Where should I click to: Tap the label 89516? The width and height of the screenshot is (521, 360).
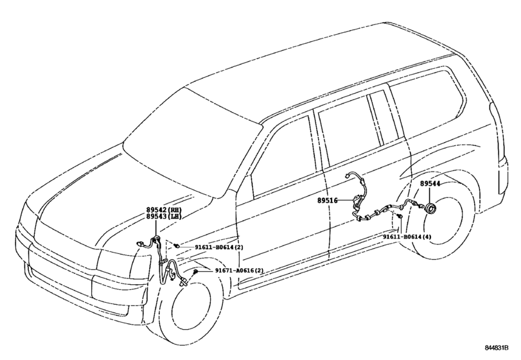click(327, 201)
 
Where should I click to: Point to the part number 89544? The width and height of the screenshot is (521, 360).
click(430, 183)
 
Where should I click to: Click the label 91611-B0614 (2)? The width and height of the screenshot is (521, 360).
click(219, 247)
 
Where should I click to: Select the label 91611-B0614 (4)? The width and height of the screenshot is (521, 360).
click(407, 237)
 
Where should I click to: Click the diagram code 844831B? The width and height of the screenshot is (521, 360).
click(497, 348)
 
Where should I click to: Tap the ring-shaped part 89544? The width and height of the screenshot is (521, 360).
click(430, 209)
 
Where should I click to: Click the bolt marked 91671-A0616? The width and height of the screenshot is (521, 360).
click(196, 272)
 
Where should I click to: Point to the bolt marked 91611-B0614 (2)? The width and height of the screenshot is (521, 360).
click(177, 246)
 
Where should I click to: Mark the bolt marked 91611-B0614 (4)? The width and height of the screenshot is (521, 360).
click(400, 217)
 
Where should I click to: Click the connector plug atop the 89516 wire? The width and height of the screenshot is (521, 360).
click(347, 175)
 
